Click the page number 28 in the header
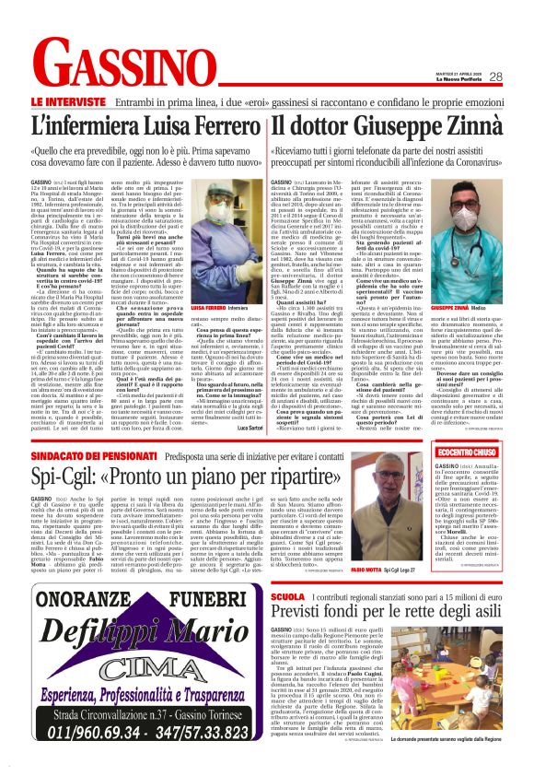pyautogui.click(x=496, y=77)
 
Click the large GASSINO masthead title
pyautogui.click(x=133, y=67)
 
